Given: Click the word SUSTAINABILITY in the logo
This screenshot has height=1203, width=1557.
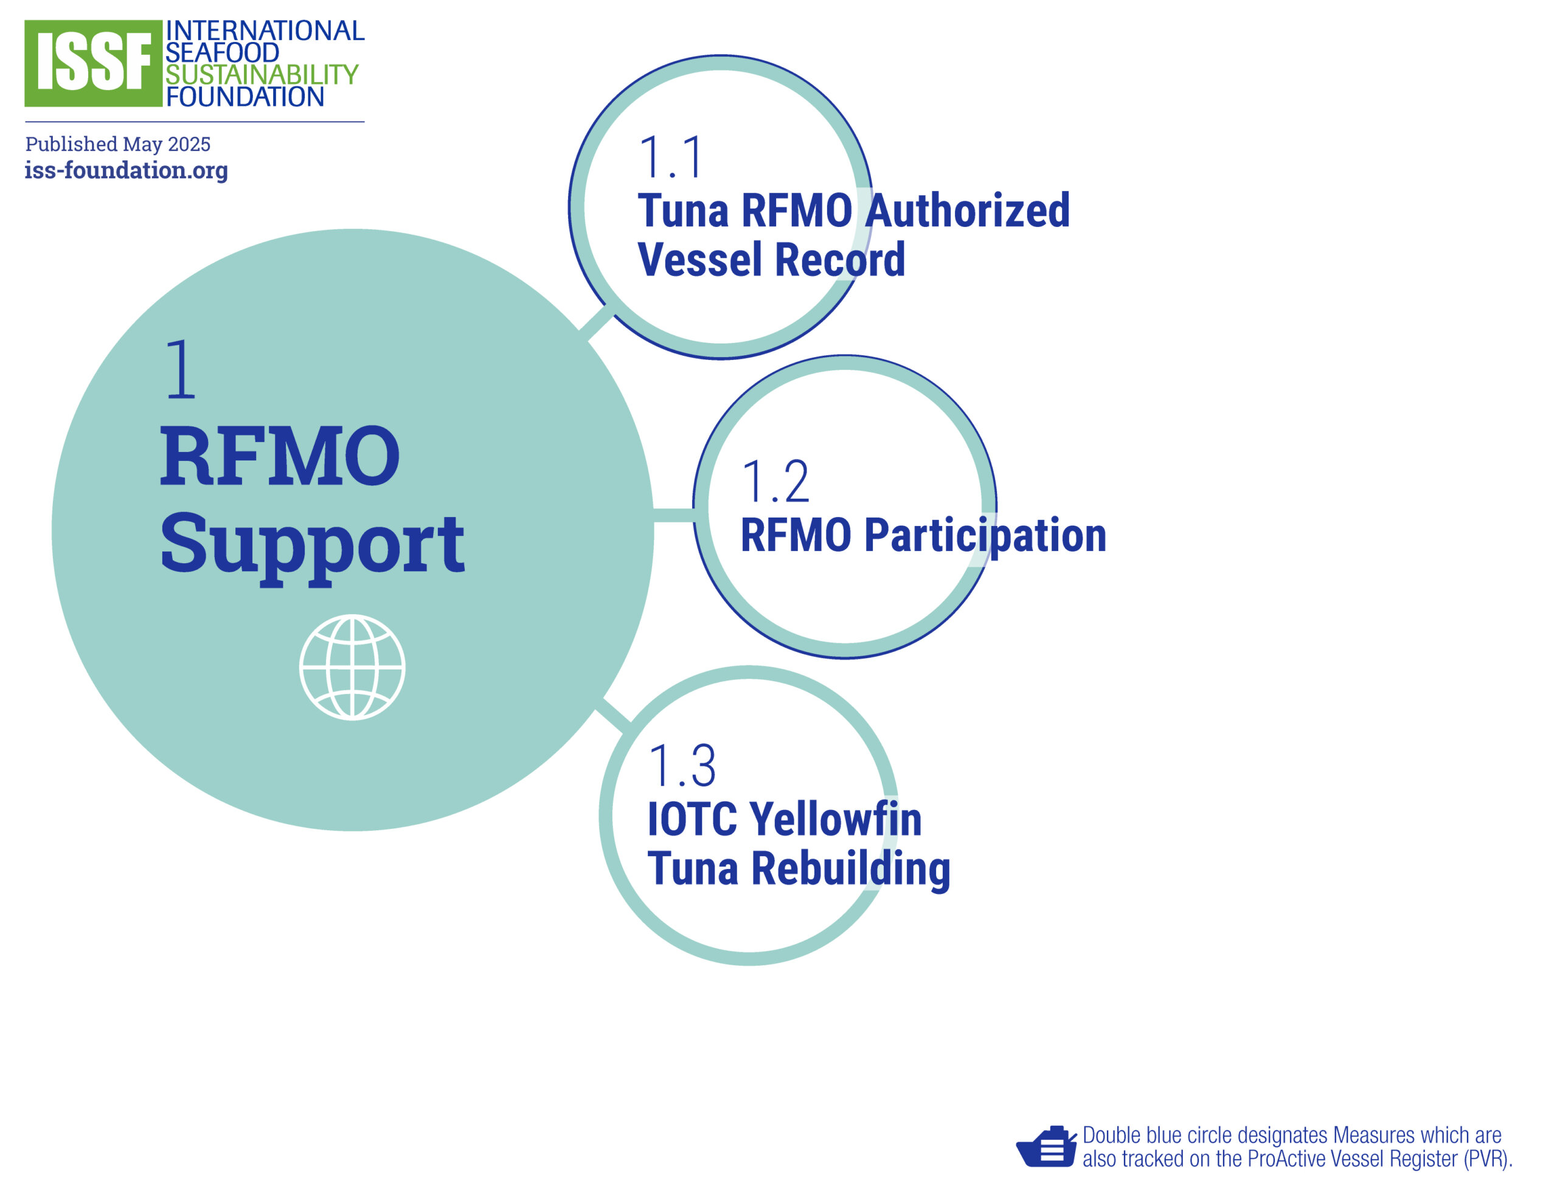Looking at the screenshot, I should coord(262,75).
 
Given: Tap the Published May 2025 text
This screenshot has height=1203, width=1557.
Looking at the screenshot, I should coord(117,144).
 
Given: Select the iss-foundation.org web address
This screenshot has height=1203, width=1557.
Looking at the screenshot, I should coord(126,170).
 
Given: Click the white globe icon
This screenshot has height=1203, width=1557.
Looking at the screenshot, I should coord(352,667).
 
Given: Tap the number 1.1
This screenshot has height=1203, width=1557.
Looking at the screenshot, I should coord(671,158).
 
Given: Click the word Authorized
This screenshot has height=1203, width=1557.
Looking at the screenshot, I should coord(968,211).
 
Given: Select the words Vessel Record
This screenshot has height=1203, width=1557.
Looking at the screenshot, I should coord(771,260).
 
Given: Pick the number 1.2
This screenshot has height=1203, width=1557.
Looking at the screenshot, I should coord(775,482).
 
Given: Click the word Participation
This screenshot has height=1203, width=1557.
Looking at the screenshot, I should coord(985,536).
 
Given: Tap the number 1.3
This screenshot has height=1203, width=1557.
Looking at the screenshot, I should coord(682,766).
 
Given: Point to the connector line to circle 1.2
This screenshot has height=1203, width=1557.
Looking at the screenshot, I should coord(674,516).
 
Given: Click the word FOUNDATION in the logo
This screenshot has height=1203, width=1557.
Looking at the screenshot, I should coord(245,97).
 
